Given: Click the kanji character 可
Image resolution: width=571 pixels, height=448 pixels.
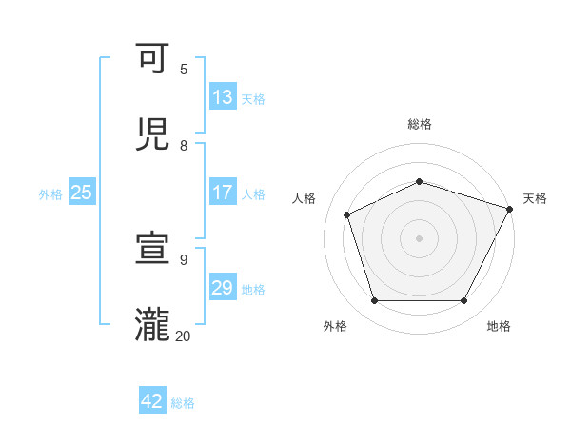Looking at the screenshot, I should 152,60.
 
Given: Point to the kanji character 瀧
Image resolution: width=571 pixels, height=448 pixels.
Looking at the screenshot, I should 152,325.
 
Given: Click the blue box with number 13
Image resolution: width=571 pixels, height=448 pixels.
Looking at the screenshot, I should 223,97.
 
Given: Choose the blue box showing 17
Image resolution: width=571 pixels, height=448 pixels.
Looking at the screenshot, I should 223,193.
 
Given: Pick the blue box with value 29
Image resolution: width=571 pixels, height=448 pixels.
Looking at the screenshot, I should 223,288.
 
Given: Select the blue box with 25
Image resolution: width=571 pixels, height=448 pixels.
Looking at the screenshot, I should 82,193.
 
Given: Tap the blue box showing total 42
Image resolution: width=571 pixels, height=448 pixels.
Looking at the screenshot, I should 152,401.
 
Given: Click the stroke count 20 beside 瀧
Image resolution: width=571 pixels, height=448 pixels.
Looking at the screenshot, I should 183,336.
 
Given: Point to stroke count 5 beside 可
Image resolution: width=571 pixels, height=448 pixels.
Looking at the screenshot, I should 184,70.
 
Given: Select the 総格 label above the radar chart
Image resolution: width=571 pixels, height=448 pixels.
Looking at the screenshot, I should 419,124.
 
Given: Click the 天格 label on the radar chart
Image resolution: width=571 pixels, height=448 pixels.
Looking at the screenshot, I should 535,198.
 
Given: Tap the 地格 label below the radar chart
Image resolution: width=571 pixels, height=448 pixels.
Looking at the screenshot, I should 499,326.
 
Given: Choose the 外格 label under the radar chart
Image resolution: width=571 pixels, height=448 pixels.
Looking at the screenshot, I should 335,326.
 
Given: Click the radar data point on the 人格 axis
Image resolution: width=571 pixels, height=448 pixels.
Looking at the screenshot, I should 347,214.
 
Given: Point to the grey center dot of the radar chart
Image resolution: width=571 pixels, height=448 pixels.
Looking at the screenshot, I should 419,237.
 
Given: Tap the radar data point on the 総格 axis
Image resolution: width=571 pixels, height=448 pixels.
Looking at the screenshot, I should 419,181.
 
